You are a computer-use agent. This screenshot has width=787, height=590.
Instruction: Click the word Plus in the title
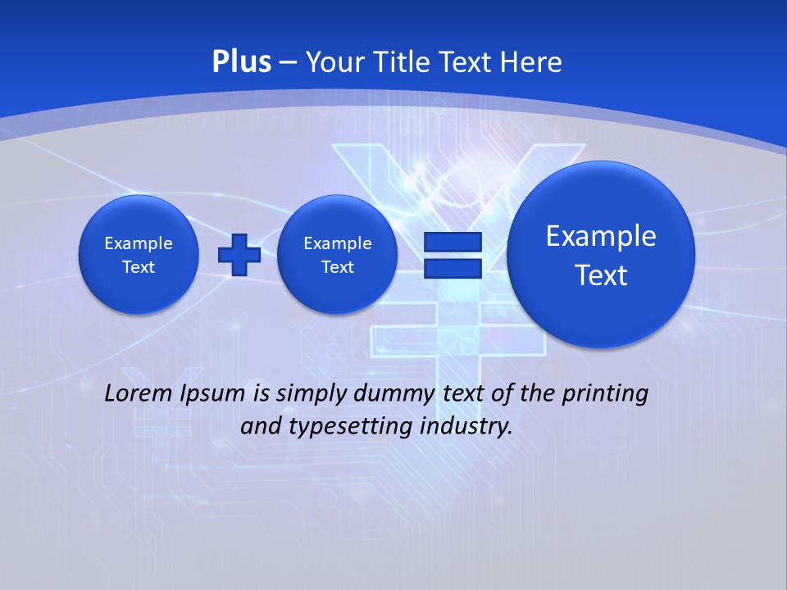tap(241, 61)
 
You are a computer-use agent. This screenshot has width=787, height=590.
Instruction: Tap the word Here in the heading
tap(533, 62)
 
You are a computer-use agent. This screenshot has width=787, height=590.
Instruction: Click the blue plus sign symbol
tap(239, 254)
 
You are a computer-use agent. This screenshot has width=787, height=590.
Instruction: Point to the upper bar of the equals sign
tap(452, 243)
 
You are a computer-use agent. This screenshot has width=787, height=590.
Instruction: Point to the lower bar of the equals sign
tap(452, 268)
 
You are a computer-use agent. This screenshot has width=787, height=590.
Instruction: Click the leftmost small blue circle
tap(139, 255)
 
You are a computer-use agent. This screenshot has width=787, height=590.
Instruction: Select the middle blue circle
tap(337, 255)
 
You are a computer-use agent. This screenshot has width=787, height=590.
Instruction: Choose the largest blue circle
tap(601, 255)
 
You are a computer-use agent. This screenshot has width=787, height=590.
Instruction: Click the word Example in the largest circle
tap(601, 236)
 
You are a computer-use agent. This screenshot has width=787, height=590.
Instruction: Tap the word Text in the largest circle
tap(601, 275)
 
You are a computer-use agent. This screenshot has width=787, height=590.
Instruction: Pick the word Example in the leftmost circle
tap(139, 243)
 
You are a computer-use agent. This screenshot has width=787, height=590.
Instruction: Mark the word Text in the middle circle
tap(337, 267)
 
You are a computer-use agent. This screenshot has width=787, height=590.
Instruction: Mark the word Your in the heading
tap(334, 62)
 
